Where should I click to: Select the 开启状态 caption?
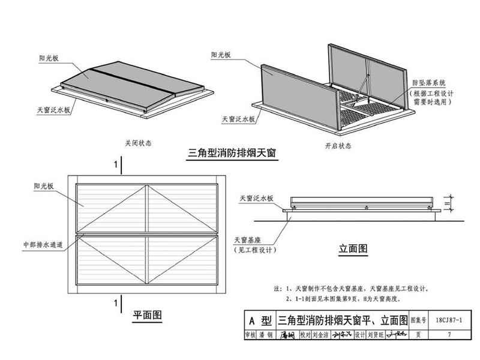pos(338,146)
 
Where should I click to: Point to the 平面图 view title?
pos(148,314)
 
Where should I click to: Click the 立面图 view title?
pos(352,248)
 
